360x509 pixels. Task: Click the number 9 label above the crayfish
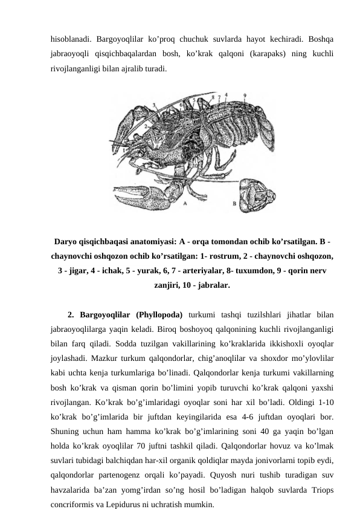[244, 95]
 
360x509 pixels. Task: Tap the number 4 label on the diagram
[226, 94]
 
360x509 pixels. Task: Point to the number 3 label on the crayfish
[155, 106]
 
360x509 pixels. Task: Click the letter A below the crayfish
[185, 205]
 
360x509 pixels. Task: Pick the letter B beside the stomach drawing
[234, 205]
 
